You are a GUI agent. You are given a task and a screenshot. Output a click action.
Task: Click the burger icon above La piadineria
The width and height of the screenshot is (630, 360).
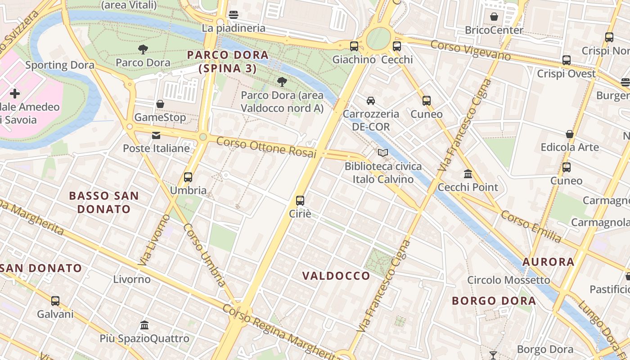233,14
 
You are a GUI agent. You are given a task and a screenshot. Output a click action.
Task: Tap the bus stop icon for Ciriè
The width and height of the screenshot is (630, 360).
300,200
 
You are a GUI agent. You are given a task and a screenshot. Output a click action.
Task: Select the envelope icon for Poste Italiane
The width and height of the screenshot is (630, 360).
156,135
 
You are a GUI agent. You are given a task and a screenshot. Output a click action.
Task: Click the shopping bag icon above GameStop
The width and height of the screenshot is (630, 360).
160,104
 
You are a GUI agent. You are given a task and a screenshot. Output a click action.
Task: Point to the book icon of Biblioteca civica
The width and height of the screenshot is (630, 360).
383,153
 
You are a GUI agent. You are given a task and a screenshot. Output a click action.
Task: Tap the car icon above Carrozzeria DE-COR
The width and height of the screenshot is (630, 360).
370,100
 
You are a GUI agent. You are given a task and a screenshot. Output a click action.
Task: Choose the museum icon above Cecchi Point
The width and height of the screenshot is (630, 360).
468,174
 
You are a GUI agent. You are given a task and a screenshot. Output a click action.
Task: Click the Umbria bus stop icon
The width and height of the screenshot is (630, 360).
188,177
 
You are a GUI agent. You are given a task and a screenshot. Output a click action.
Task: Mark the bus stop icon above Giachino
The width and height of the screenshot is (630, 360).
354,46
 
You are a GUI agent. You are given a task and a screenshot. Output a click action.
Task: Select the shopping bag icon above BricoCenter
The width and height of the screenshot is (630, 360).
494,17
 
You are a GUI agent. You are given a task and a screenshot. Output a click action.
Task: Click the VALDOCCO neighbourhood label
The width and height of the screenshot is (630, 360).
336,276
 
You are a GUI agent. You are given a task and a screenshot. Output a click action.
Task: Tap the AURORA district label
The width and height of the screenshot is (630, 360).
548,261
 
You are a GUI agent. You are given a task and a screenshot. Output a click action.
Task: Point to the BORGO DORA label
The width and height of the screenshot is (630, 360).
494,301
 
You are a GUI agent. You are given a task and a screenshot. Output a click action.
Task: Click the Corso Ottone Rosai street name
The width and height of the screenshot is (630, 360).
267,147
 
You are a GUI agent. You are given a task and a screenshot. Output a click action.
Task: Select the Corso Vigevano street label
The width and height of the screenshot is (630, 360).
470,50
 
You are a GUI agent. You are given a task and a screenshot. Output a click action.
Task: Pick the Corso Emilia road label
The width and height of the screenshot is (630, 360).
531,226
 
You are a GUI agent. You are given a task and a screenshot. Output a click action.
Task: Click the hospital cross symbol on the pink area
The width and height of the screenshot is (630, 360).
15,94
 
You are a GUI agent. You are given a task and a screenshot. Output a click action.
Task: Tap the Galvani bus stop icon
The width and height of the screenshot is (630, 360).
55,301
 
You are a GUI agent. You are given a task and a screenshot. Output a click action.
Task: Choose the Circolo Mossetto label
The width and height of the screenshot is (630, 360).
508,280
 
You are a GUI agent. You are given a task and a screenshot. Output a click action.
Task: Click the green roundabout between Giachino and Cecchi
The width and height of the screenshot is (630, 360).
378,39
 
